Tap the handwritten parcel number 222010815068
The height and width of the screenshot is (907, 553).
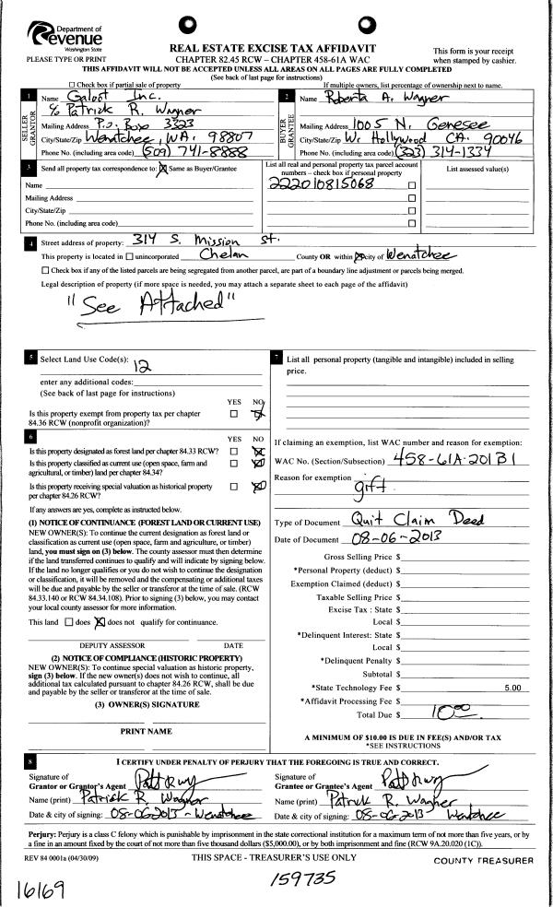314,183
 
